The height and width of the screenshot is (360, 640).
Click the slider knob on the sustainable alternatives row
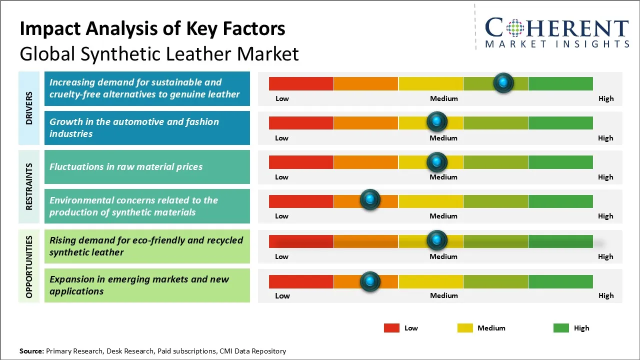pyautogui.click(x=503, y=82)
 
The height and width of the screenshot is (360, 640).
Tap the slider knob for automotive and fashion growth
pyautogui.click(x=437, y=121)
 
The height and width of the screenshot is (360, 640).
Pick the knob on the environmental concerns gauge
pyautogui.click(x=370, y=200)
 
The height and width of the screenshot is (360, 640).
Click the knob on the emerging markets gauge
pyautogui.click(x=370, y=281)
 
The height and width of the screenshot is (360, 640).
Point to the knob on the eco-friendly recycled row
pyautogui.click(x=437, y=240)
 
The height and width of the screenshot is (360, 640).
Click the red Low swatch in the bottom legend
pyautogui.click(x=391, y=328)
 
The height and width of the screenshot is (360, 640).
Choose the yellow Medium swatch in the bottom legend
pyautogui.click(x=465, y=328)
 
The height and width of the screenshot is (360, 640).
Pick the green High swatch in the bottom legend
pyautogui.click(x=561, y=328)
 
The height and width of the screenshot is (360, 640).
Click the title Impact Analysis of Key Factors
pyautogui.click(x=152, y=28)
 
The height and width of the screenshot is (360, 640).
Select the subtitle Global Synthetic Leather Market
pyautogui.click(x=159, y=53)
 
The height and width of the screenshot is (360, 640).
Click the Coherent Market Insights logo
pyautogui.click(x=556, y=32)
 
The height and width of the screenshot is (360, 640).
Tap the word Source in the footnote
pyautogui.click(x=31, y=351)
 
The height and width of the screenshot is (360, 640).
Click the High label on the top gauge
pyautogui.click(x=605, y=98)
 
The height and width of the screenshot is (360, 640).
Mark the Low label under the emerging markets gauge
pyautogui.click(x=282, y=295)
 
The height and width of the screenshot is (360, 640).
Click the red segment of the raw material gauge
pyautogui.click(x=301, y=162)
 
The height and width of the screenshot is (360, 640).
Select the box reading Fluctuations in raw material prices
pyautogui.click(x=147, y=167)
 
